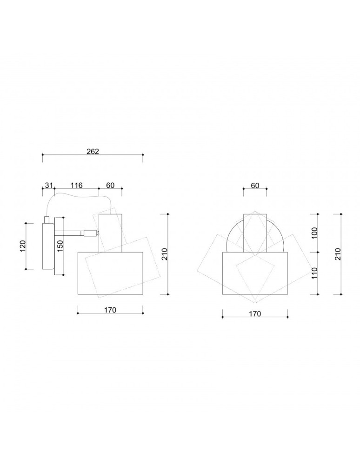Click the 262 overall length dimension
(93, 151)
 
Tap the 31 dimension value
(48, 185)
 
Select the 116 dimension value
(76, 185)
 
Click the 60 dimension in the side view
(110, 185)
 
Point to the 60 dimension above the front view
(255, 185)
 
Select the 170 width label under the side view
(110, 310)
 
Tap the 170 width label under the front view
(255, 313)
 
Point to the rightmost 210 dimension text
(338, 254)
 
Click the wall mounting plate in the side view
(48, 246)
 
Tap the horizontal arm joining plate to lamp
(70, 233)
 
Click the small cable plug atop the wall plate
(47, 219)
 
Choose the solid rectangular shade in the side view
(110, 273)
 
